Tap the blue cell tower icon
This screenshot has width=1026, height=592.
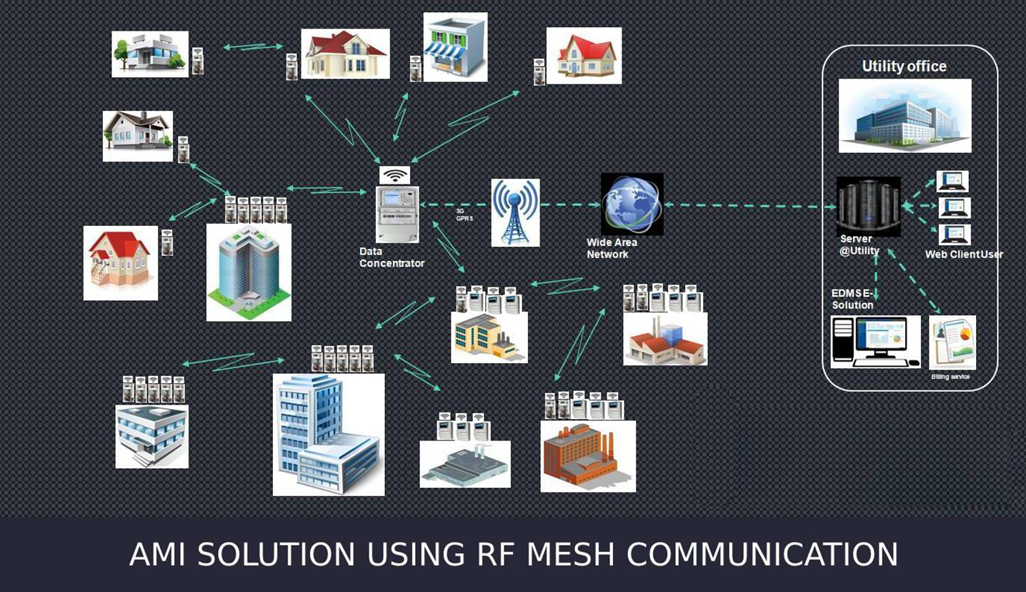(515, 212)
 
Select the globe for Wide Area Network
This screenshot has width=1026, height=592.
(632, 204)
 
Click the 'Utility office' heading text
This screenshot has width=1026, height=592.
(904, 66)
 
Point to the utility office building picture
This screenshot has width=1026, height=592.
(905, 115)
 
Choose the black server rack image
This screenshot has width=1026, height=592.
(868, 206)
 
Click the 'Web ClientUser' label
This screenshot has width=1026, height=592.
(964, 255)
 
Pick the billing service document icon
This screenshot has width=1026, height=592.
(952, 342)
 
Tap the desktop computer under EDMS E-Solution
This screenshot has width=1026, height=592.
(875, 342)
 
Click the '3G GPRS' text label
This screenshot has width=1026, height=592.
(464, 214)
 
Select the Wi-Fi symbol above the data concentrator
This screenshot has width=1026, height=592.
(394, 176)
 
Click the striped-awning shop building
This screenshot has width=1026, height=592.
(455, 47)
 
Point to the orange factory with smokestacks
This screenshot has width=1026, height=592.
(588, 456)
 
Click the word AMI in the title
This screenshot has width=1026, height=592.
(158, 555)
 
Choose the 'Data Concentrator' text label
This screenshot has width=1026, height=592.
(392, 257)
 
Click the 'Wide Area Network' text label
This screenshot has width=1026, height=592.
(612, 248)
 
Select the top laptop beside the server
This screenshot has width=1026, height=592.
(952, 181)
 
